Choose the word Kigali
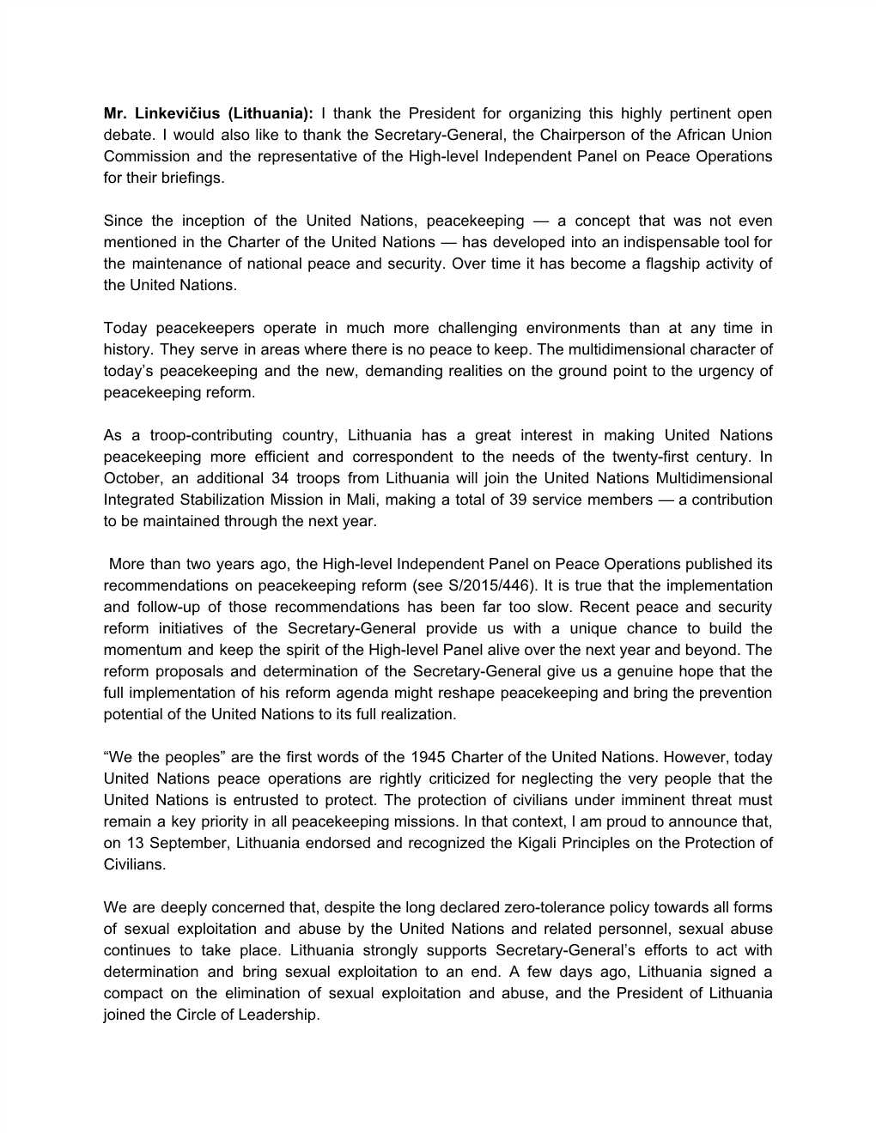tap(513, 843)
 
